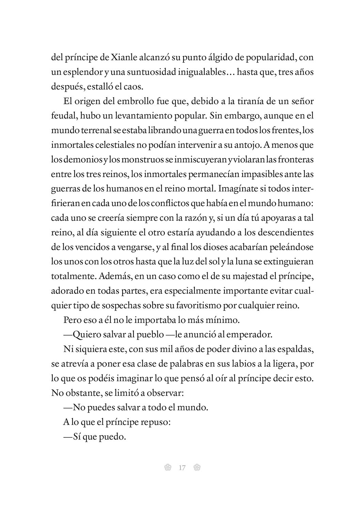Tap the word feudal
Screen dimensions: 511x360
(64, 116)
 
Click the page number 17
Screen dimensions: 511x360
(182, 468)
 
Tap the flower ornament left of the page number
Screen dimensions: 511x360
(167, 468)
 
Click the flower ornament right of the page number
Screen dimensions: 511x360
(197, 468)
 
